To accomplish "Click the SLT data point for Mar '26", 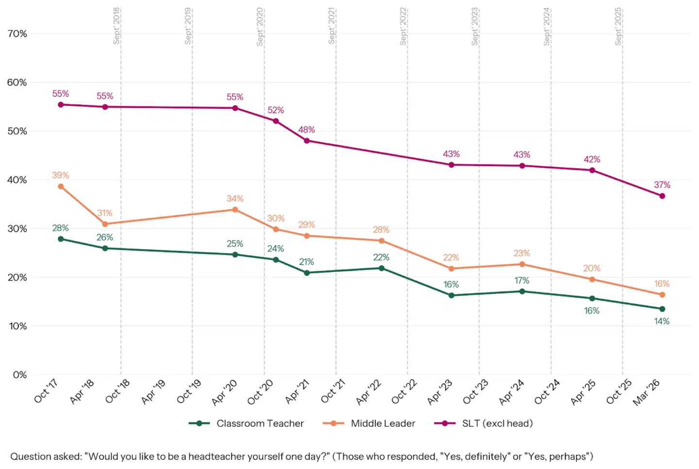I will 662,196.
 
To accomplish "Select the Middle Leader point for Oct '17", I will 61,186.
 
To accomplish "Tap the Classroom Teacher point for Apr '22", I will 382,268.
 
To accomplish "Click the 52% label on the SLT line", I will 276,110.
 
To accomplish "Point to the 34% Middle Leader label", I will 235,199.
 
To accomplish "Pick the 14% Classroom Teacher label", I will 662,321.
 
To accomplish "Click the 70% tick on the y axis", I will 17,33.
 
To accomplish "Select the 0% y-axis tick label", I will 20,375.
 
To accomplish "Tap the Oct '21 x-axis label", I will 333,391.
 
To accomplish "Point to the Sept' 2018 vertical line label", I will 116,26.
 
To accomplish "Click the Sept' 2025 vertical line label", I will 618,26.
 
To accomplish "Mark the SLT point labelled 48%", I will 307,141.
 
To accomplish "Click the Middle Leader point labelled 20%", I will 592,280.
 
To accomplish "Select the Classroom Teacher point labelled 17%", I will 522,291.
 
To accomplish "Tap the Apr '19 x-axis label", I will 153,391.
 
